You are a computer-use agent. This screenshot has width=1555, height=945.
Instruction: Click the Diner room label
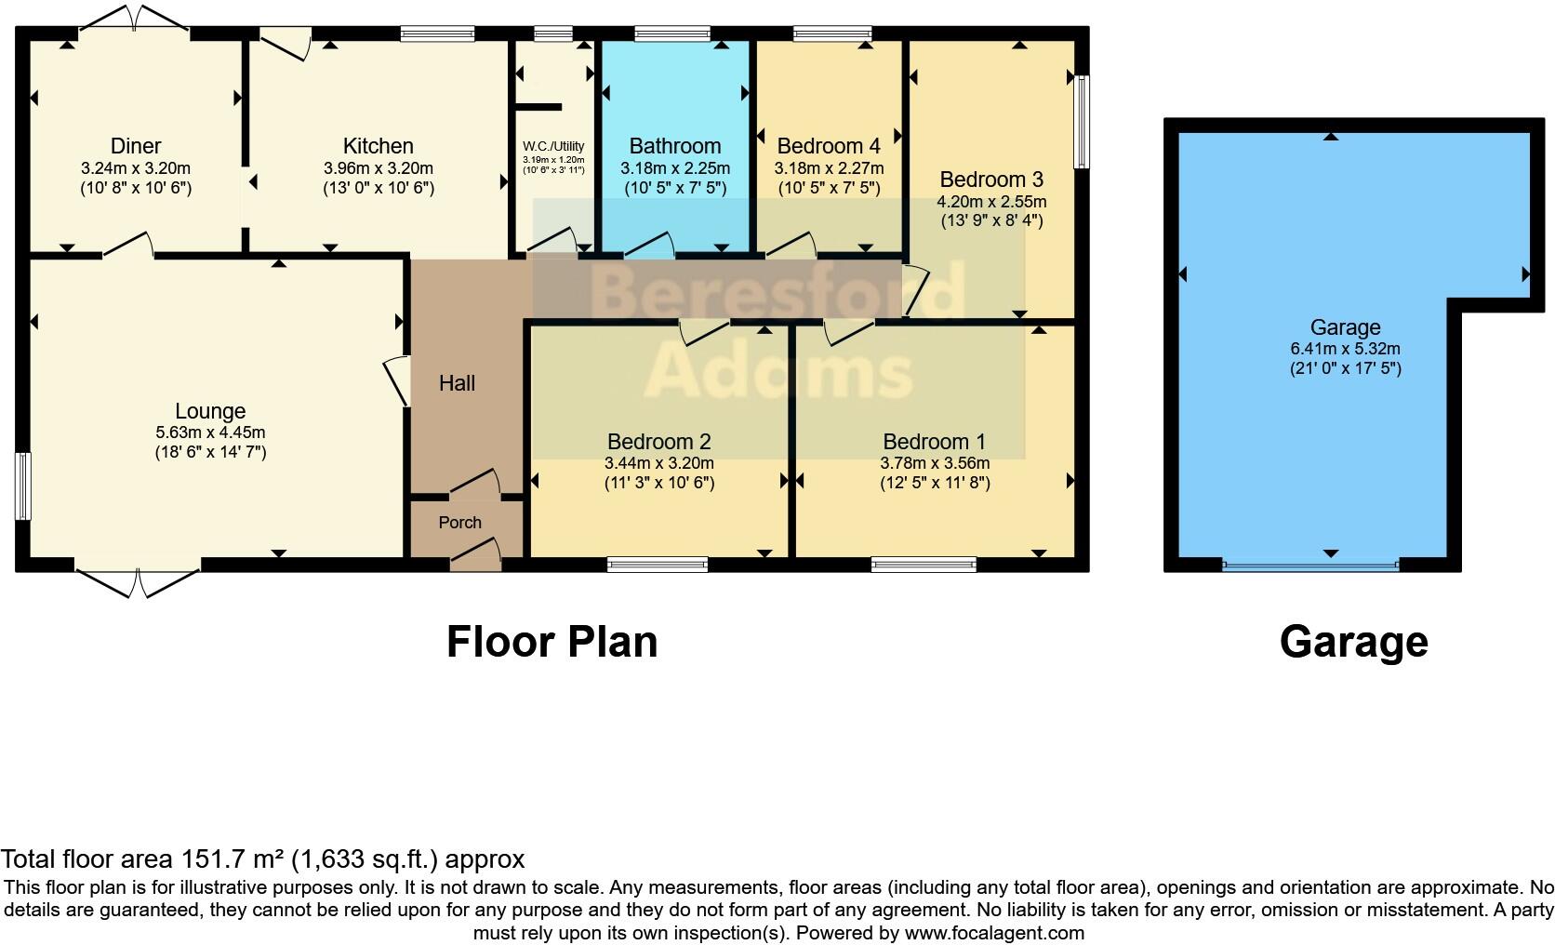[x=136, y=146]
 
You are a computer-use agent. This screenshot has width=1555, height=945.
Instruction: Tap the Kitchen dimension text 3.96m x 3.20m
[x=378, y=169]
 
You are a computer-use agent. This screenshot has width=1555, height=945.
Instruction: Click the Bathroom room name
[x=675, y=146]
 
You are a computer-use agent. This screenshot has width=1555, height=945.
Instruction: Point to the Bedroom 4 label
[x=829, y=146]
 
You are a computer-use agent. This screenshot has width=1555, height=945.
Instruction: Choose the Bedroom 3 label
[x=991, y=180]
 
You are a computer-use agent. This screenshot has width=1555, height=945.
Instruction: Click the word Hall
[x=457, y=383]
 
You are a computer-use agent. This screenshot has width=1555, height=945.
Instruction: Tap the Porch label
[x=460, y=523]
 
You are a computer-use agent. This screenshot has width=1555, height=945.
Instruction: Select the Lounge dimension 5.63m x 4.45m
[x=210, y=433]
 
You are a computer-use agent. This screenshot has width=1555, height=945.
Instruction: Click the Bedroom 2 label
[x=659, y=442]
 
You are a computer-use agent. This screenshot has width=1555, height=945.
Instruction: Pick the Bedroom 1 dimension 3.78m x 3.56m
[x=935, y=463]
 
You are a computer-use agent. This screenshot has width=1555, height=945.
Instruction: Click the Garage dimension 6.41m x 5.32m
[x=1345, y=349]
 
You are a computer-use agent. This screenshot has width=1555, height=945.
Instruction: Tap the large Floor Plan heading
[x=552, y=642]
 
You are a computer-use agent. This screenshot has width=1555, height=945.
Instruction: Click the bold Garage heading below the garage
[x=1353, y=642]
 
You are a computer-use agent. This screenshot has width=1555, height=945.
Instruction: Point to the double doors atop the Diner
[x=135, y=19]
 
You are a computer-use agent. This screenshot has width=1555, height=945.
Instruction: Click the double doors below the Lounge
[x=138, y=581]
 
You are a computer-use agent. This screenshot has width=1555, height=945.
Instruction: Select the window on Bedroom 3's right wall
[x=1082, y=122]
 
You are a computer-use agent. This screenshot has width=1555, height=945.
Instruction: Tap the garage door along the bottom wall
[x=1310, y=564]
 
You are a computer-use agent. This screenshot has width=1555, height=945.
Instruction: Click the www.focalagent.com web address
[x=993, y=933]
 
